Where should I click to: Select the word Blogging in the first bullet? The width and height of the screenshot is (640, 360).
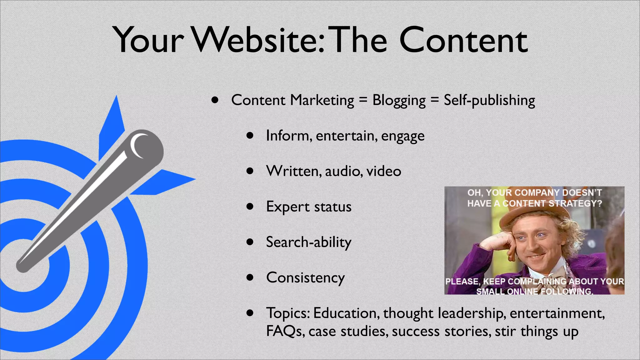tap(399, 101)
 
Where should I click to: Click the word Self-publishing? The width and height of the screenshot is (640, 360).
tap(489, 101)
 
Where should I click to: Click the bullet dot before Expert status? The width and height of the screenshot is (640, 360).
tap(249, 206)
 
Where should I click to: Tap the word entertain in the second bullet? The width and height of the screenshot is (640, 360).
tap(345, 136)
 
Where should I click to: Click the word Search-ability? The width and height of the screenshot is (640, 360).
tap(308, 242)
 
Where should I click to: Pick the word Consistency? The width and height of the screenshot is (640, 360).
tap(305, 278)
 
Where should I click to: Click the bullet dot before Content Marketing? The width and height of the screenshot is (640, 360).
tap(214, 100)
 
